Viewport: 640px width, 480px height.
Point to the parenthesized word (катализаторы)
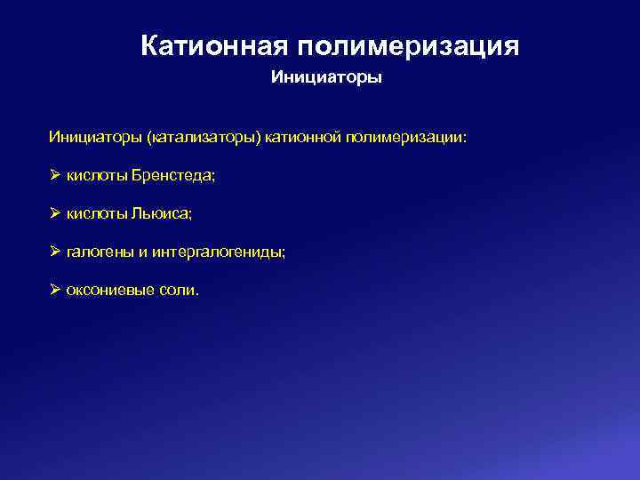pyautogui.click(x=204, y=138)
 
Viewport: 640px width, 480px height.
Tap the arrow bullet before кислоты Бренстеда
pyautogui.click(x=55, y=176)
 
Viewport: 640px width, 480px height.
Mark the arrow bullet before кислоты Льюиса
pyautogui.click(x=55, y=214)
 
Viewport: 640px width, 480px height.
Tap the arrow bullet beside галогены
pyautogui.click(x=55, y=252)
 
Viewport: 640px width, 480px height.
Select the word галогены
pyautogui.click(x=100, y=252)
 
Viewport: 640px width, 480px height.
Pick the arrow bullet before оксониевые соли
pyautogui.click(x=55, y=291)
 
